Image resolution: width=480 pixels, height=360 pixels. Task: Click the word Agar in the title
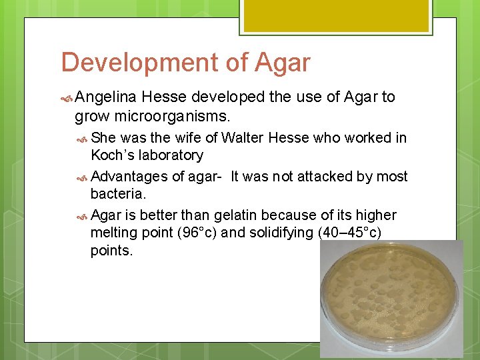click(x=282, y=63)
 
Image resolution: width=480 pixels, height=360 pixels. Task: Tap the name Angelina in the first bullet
click(x=106, y=97)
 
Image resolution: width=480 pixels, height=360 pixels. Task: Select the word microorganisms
click(x=171, y=117)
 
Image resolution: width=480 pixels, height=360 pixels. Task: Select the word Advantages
click(x=129, y=177)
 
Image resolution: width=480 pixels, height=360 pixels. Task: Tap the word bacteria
click(x=117, y=194)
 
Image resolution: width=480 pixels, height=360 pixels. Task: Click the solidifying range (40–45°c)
click(x=343, y=233)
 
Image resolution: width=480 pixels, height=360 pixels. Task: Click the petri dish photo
click(x=391, y=299)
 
